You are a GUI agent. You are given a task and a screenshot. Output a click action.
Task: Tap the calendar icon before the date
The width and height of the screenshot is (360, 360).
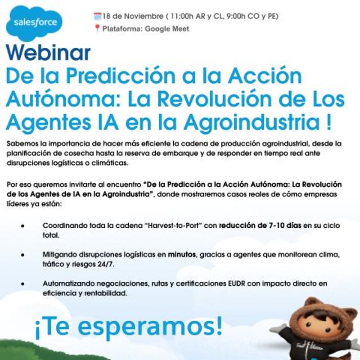(97, 16)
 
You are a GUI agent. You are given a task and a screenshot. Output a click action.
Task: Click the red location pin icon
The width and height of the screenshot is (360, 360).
(97, 29)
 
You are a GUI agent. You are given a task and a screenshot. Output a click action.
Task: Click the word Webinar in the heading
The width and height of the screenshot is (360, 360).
(48, 54)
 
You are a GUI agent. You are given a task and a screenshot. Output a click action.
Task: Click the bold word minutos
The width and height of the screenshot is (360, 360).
(183, 255)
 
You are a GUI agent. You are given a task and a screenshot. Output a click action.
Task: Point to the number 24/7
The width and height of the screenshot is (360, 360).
(105, 264)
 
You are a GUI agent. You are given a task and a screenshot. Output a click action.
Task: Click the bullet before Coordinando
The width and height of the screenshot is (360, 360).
(22, 226)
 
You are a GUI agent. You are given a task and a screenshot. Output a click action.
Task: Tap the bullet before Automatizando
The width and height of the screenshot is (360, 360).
(22, 284)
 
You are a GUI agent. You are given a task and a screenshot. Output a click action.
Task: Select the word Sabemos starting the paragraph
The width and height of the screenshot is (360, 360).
(21, 144)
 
